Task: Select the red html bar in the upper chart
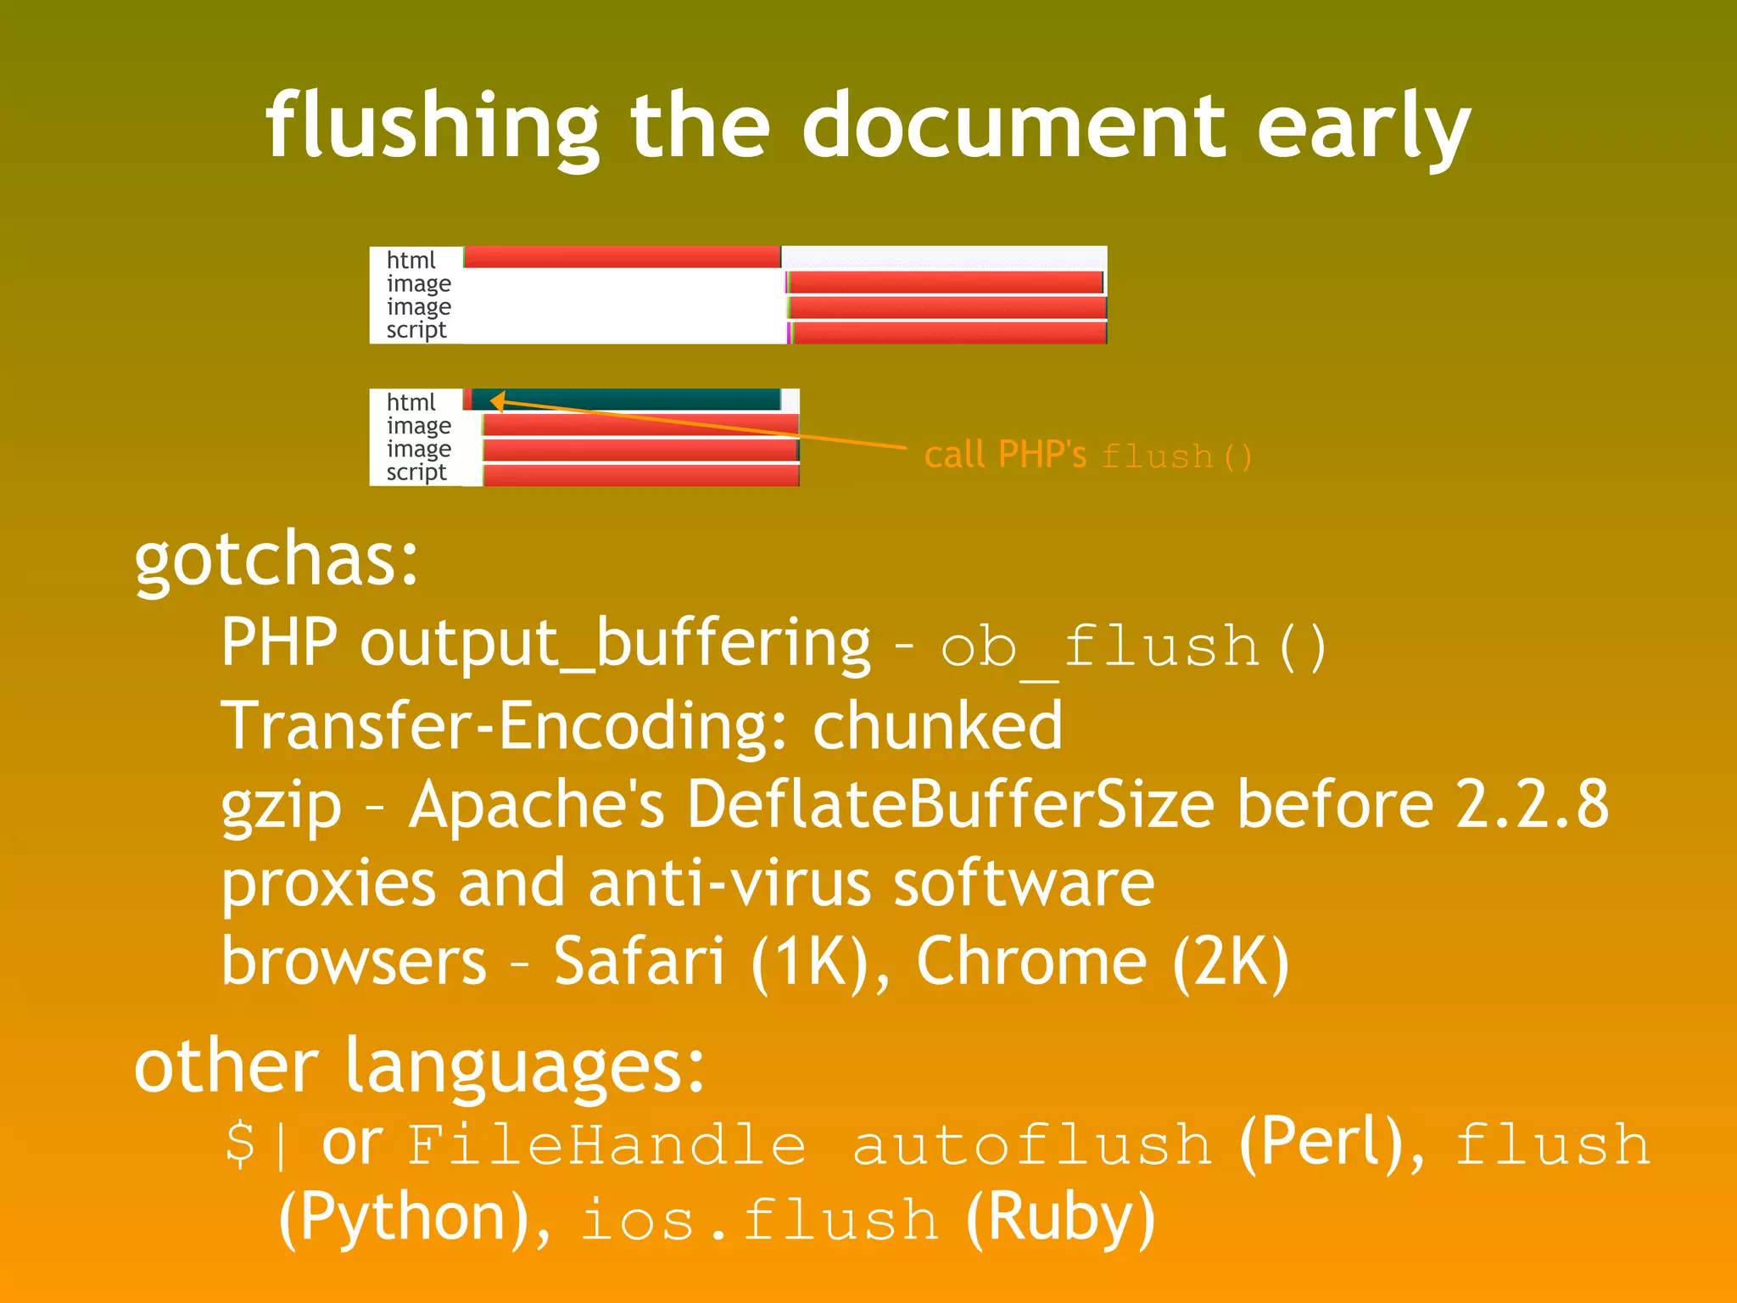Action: tap(622, 257)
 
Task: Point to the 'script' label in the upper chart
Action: tap(416, 330)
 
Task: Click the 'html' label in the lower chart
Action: tap(411, 402)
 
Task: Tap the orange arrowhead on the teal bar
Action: tap(498, 401)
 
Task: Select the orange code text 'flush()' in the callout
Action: tap(1176, 457)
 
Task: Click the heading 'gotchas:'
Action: tap(276, 560)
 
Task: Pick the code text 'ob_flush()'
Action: tap(1133, 646)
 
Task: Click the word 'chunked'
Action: tap(937, 726)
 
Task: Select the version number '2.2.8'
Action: tap(1532, 804)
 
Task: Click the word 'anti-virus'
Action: tap(729, 883)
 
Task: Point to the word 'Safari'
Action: tap(639, 961)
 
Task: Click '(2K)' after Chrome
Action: tap(1231, 961)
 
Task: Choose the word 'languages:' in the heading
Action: tap(525, 1067)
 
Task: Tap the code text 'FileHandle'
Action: tap(606, 1144)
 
